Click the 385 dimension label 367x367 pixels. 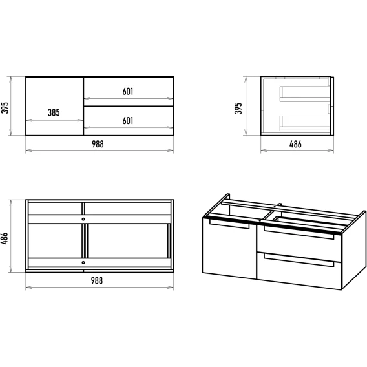54,112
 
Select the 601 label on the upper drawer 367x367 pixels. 128,91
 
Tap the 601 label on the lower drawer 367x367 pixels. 128,121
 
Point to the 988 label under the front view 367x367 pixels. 98,144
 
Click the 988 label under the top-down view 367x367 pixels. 97,280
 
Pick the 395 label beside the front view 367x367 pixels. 5,108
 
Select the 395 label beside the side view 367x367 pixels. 238,109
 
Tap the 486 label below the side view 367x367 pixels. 295,144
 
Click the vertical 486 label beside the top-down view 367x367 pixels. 5,238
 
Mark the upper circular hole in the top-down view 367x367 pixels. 83,219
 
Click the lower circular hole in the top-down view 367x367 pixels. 83,262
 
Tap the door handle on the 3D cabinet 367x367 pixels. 229,224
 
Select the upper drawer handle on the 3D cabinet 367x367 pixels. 299,233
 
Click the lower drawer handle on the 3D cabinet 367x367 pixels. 299,260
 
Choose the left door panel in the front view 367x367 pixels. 54,106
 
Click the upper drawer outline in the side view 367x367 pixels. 305,94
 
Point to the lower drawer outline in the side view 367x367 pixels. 305,123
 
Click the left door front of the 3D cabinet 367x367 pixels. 229,249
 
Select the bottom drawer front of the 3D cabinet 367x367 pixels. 299,271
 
